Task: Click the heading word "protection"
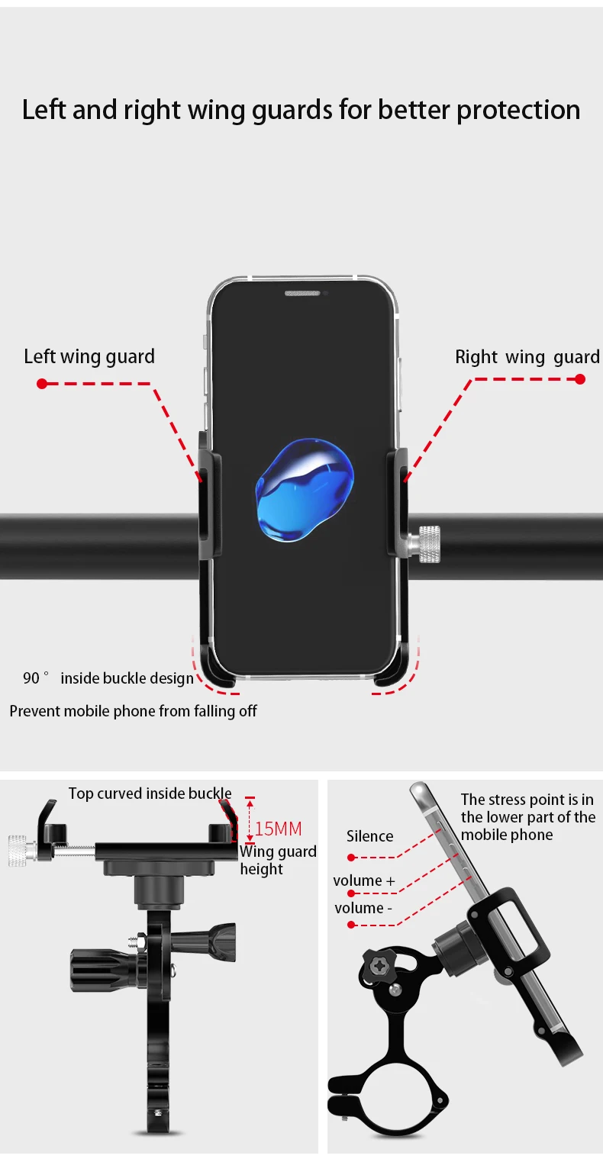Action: [x=518, y=110]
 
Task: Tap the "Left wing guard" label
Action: [x=89, y=356]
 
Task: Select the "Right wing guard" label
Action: [x=527, y=357]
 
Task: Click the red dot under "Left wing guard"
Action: [x=42, y=383]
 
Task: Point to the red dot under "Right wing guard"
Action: [x=580, y=378]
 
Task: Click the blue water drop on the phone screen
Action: [x=304, y=490]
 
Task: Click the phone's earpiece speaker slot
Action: [x=304, y=293]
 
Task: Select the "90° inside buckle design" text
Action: [x=108, y=678]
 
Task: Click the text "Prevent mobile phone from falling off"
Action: [x=133, y=711]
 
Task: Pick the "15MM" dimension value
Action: [x=278, y=829]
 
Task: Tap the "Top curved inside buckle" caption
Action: [x=150, y=793]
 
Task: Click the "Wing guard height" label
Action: [x=277, y=860]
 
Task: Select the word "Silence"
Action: [x=369, y=836]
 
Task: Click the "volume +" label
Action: [x=364, y=880]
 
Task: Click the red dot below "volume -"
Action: [x=351, y=925]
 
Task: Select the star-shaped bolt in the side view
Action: [x=377, y=966]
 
